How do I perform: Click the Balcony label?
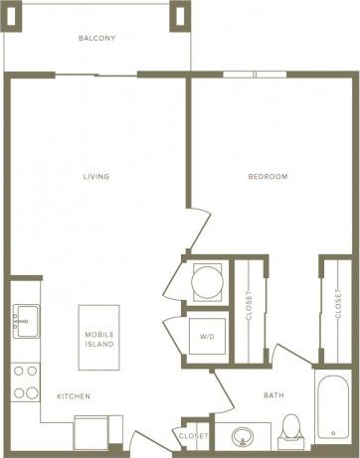pyautogui.click(x=96, y=39)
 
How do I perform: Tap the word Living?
pyautogui.click(x=96, y=177)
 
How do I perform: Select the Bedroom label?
pyautogui.click(x=268, y=177)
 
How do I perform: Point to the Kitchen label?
pyautogui.click(x=74, y=396)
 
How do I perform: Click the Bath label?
pyautogui.click(x=273, y=395)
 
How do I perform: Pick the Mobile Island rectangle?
pyautogui.click(x=99, y=338)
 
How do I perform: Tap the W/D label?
pyautogui.click(x=208, y=336)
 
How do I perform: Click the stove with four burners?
pyautogui.click(x=25, y=382)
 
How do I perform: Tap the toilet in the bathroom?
pyautogui.click(x=291, y=428)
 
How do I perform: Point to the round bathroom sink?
pyautogui.click(x=243, y=435)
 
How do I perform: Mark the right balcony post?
pyautogui.click(x=182, y=15)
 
